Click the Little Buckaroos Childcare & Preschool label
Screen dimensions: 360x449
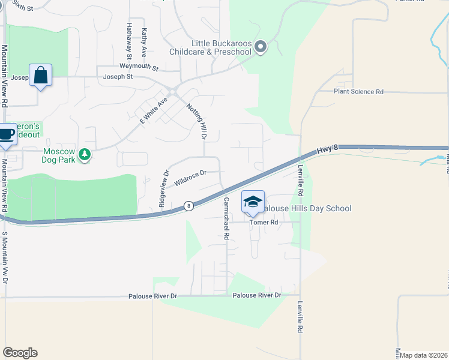click(x=221, y=47)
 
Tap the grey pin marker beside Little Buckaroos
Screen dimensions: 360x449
click(x=261, y=47)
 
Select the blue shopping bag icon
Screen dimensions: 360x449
click(x=40, y=76)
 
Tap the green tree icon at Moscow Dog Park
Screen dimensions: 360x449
click(x=86, y=155)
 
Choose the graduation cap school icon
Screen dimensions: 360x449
click(x=253, y=202)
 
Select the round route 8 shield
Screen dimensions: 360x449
click(x=188, y=205)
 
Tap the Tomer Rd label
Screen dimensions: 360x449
click(x=265, y=222)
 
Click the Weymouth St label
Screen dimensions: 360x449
click(x=139, y=67)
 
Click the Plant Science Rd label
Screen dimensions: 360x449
click(x=358, y=92)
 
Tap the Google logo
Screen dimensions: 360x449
click(x=20, y=353)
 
